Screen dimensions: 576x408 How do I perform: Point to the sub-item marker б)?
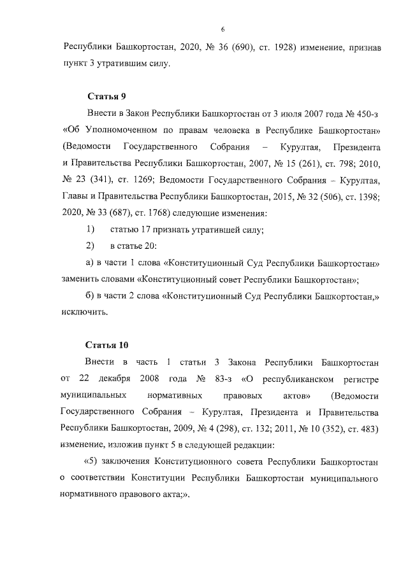pyautogui.click(x=89, y=295)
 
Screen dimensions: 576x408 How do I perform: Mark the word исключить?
pyautogui.click(x=84, y=312)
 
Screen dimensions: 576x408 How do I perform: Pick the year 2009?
pyautogui.click(x=182, y=428)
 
